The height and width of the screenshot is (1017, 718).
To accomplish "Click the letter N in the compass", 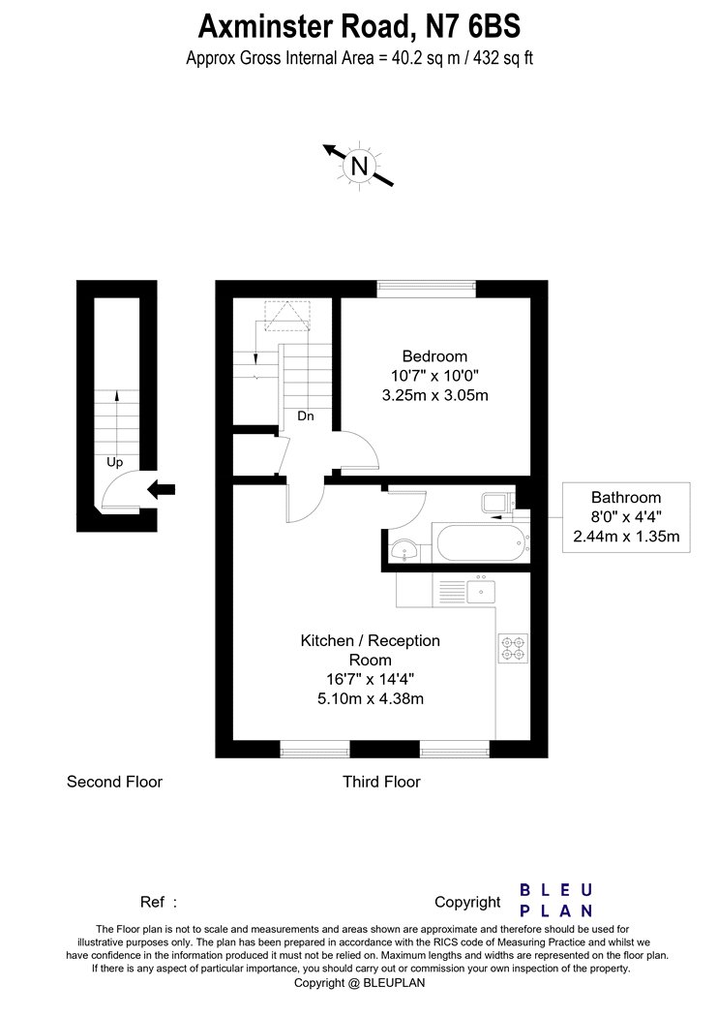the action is coord(359,166).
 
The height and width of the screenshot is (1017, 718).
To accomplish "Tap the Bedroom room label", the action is coord(434,356).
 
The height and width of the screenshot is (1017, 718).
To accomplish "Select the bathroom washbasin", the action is coord(405,552).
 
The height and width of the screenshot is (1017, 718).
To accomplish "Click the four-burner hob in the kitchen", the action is coord(513,648).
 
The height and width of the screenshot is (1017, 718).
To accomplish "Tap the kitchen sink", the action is coord(481,591).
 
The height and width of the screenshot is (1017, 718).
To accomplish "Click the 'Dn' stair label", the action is coord(305,416).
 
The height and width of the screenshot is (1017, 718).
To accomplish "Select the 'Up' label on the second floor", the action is coord(114,462).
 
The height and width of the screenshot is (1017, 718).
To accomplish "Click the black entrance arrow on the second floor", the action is coord(162,489).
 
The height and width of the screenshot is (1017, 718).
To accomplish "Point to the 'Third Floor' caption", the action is coord(381,782).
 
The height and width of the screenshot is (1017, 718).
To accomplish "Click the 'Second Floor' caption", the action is coord(114,782).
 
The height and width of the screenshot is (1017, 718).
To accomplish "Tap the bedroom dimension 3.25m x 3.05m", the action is coord(434,395).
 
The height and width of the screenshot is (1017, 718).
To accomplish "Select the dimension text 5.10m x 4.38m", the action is coord(370,698).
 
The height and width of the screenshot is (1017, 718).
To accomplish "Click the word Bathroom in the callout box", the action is coord(626,498).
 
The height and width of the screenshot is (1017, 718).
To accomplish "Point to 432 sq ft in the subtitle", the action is coord(503,58).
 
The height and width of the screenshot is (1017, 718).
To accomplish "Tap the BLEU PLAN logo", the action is coord(556,900).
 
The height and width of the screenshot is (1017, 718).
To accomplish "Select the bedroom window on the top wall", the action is coord(427,289).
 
